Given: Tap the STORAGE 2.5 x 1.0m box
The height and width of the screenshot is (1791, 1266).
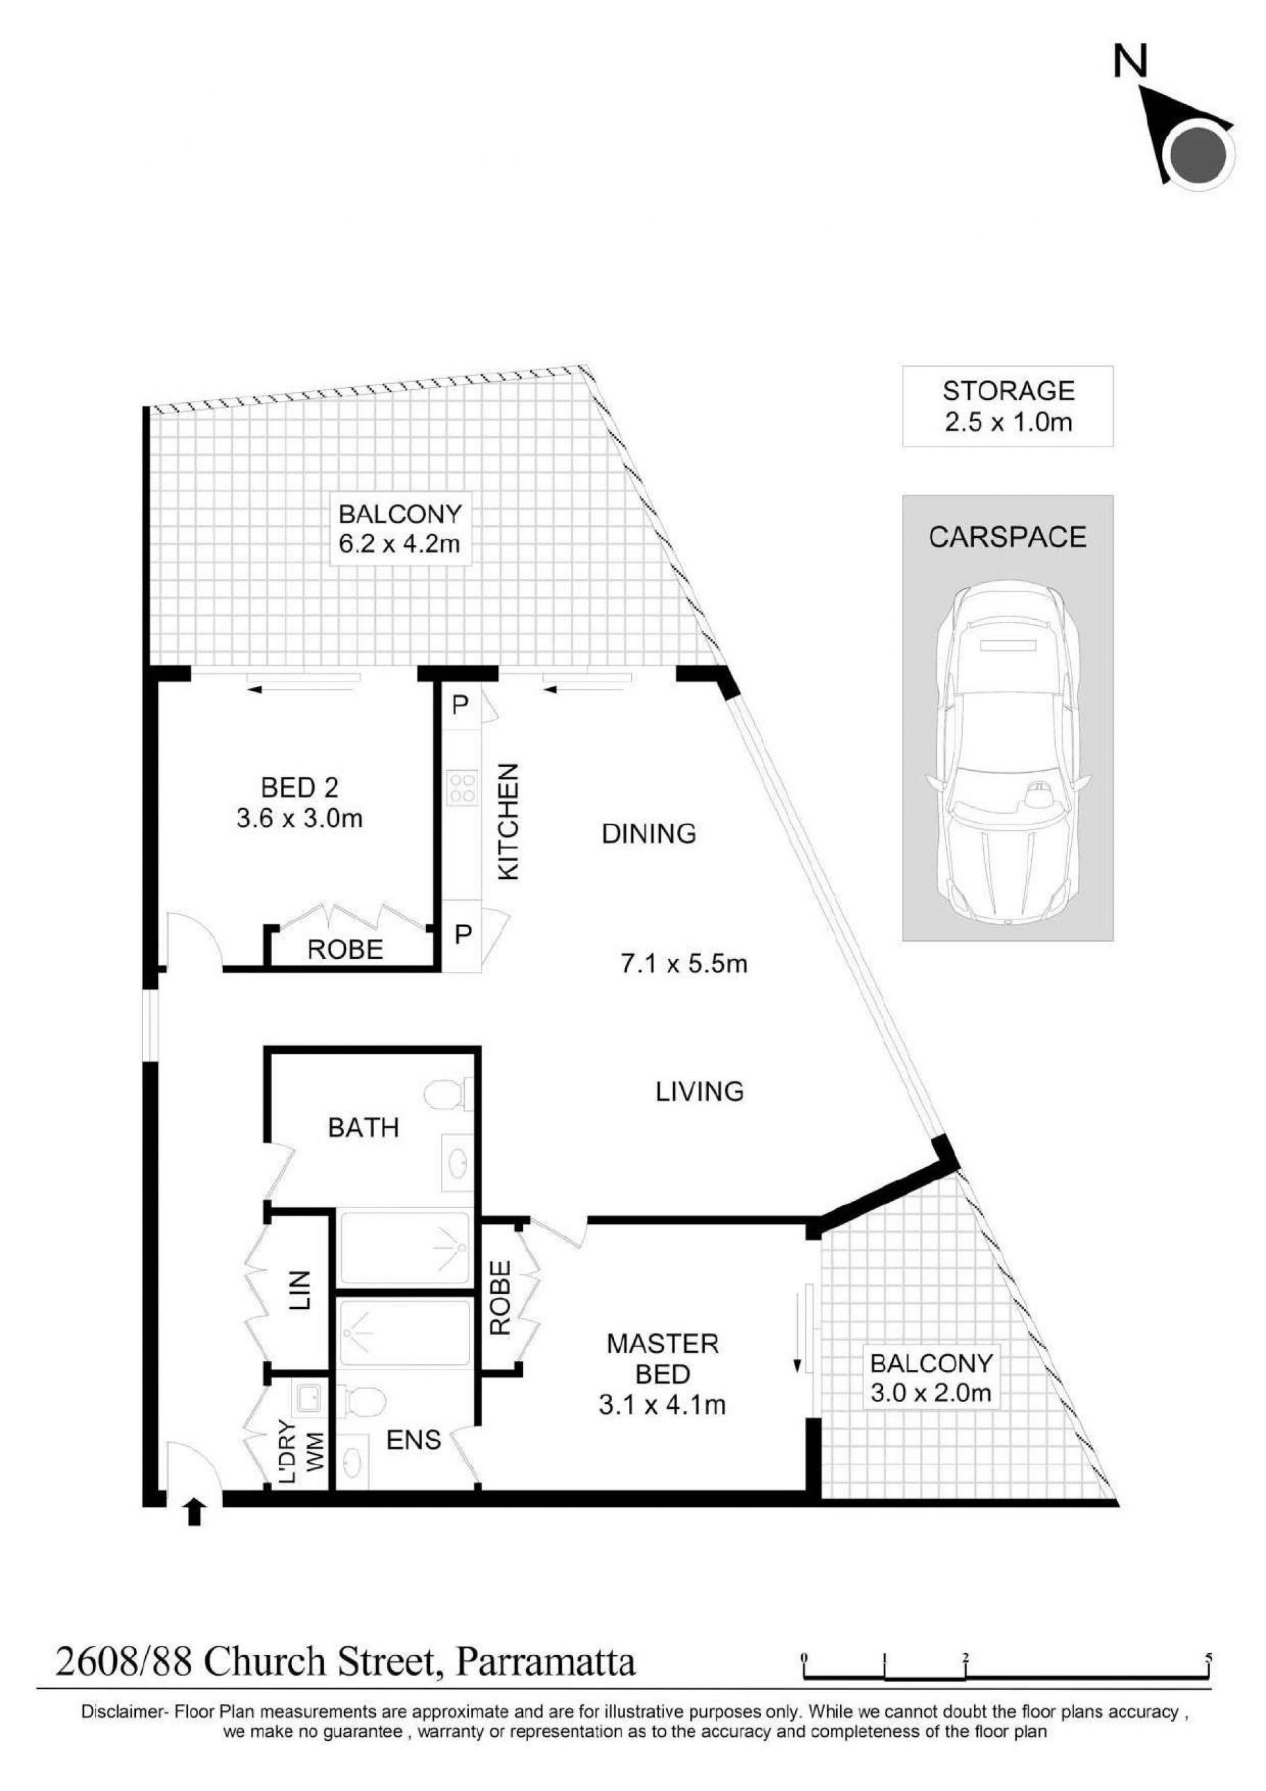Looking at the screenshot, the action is coord(1007,406).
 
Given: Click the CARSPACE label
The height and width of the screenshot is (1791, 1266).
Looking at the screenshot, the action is coord(1007,537).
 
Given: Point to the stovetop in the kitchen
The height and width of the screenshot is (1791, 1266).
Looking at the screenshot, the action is coord(462,787).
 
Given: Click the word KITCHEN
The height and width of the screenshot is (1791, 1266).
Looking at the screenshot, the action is coord(508,822).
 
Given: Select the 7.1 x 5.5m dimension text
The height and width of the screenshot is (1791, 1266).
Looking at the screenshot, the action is coord(683,965).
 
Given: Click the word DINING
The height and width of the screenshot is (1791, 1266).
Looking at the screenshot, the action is coord(649,834).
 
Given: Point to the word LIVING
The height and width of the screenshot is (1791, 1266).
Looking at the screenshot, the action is coord(699,1091).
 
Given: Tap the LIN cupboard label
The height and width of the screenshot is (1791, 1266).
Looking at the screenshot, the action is coord(300,1290).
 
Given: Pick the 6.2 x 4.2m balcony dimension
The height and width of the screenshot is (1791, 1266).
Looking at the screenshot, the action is coord(399,543).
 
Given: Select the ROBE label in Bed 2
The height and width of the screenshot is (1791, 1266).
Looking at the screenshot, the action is coord(346,950).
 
